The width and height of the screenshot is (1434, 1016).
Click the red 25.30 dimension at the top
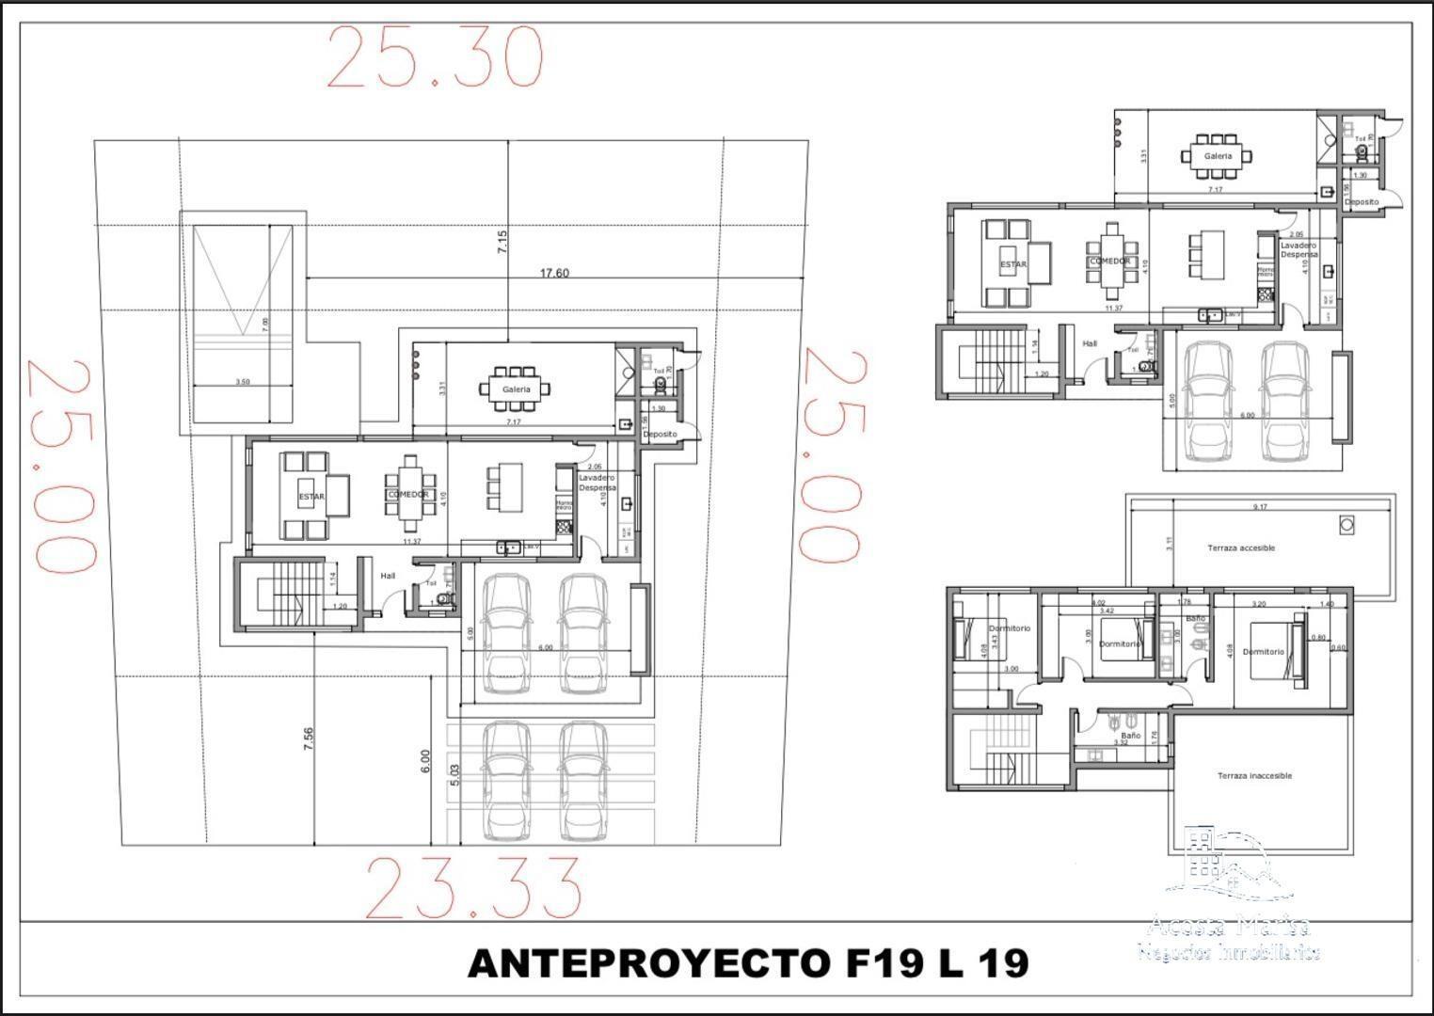(x=435, y=58)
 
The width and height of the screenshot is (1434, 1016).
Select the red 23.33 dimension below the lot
(x=472, y=888)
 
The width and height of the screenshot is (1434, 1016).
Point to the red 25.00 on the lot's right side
(x=830, y=456)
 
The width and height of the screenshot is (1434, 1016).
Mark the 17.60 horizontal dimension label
(x=554, y=274)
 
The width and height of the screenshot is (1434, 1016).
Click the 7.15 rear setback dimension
(x=502, y=242)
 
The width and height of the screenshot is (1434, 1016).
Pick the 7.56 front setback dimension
(x=308, y=738)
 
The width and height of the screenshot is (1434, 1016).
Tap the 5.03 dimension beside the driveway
(x=455, y=773)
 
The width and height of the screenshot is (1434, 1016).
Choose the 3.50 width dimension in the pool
(x=242, y=382)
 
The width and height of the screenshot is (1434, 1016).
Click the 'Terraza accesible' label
(x=1241, y=548)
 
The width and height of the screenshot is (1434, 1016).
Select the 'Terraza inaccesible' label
(x=1254, y=776)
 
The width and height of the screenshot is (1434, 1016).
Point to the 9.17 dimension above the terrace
(x=1260, y=507)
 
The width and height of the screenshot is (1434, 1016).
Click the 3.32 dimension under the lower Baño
(x=1121, y=742)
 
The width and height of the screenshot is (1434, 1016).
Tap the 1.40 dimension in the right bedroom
(x=1327, y=604)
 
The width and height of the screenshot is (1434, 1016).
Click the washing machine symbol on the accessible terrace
(x=1346, y=523)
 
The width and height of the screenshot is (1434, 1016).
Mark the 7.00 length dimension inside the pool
(x=265, y=322)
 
